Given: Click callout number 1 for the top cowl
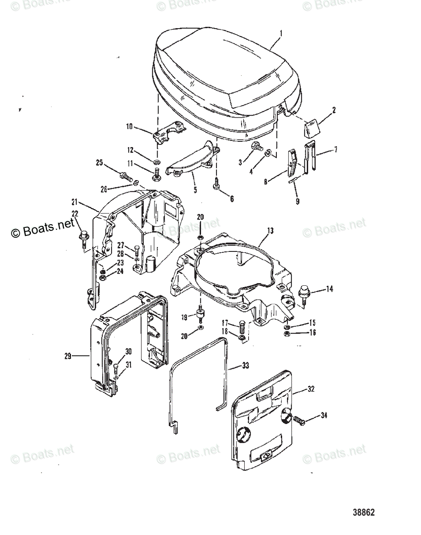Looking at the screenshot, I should pos(280,33).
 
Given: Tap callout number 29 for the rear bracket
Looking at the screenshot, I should pos(68,356).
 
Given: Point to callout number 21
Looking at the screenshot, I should pos(74,201).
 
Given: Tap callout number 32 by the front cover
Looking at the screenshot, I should pos(311,389).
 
